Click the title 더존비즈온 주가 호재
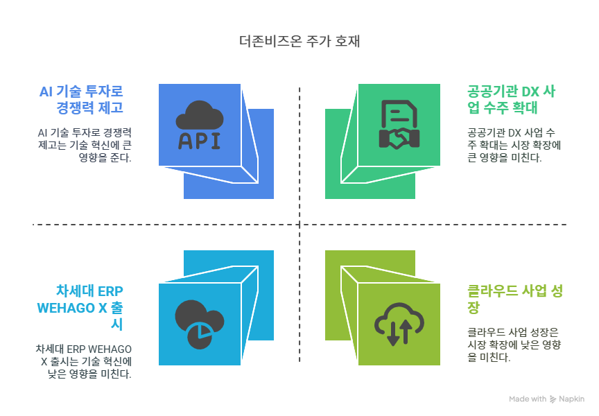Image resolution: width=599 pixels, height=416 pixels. click(x=299, y=42)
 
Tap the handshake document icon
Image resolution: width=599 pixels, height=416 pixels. click(x=399, y=125)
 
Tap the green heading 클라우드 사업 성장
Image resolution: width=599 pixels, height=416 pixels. click(x=512, y=299)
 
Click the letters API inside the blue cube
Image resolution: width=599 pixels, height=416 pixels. click(x=200, y=140)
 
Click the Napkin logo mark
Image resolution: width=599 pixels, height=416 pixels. click(x=553, y=399)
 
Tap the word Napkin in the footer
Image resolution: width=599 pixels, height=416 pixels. click(x=571, y=399)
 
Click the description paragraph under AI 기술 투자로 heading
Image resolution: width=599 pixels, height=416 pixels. click(x=85, y=144)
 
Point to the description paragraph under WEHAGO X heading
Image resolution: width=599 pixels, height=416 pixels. click(x=85, y=361)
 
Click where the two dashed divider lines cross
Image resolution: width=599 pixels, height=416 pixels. click(x=299, y=225)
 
